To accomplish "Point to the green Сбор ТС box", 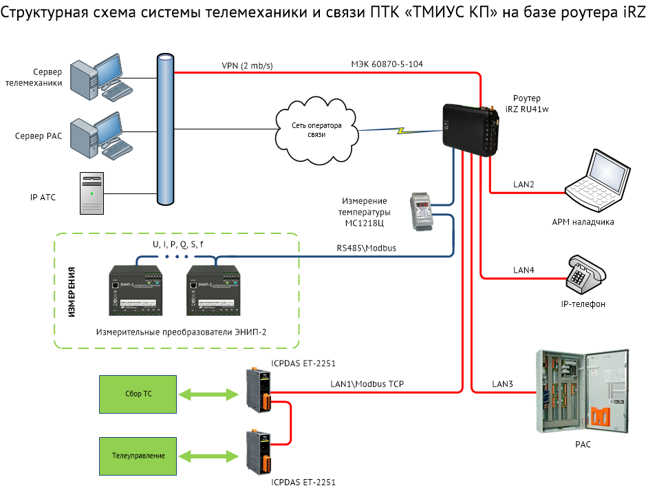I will tap(138, 394).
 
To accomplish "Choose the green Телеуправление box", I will tap(138, 456).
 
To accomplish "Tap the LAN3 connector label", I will tap(503, 383).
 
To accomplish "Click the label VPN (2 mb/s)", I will tap(247, 65).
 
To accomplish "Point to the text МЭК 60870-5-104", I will tap(387, 64).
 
